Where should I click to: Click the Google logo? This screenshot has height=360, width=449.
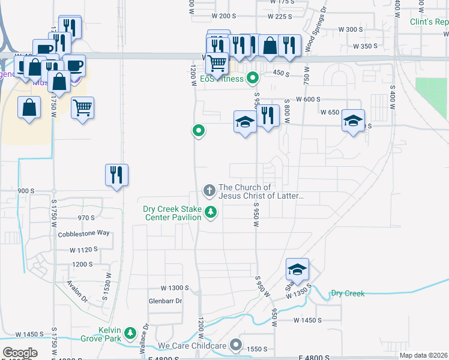click(19, 353)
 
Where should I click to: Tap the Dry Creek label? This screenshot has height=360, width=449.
click(348, 293)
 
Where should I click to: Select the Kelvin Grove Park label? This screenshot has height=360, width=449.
click(118, 334)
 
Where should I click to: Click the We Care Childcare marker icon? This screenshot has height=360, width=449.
click(237, 346)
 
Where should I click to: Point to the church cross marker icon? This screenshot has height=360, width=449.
click(209, 191)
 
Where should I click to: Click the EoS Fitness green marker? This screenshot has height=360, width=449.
click(253, 77)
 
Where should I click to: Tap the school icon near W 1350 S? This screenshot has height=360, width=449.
click(297, 269)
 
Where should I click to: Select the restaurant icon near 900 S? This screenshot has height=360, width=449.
click(117, 175)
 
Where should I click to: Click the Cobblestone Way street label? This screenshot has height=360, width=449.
click(84, 233)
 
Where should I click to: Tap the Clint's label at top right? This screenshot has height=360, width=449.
click(429, 22)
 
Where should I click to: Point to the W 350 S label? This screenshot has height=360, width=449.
click(366, 46)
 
